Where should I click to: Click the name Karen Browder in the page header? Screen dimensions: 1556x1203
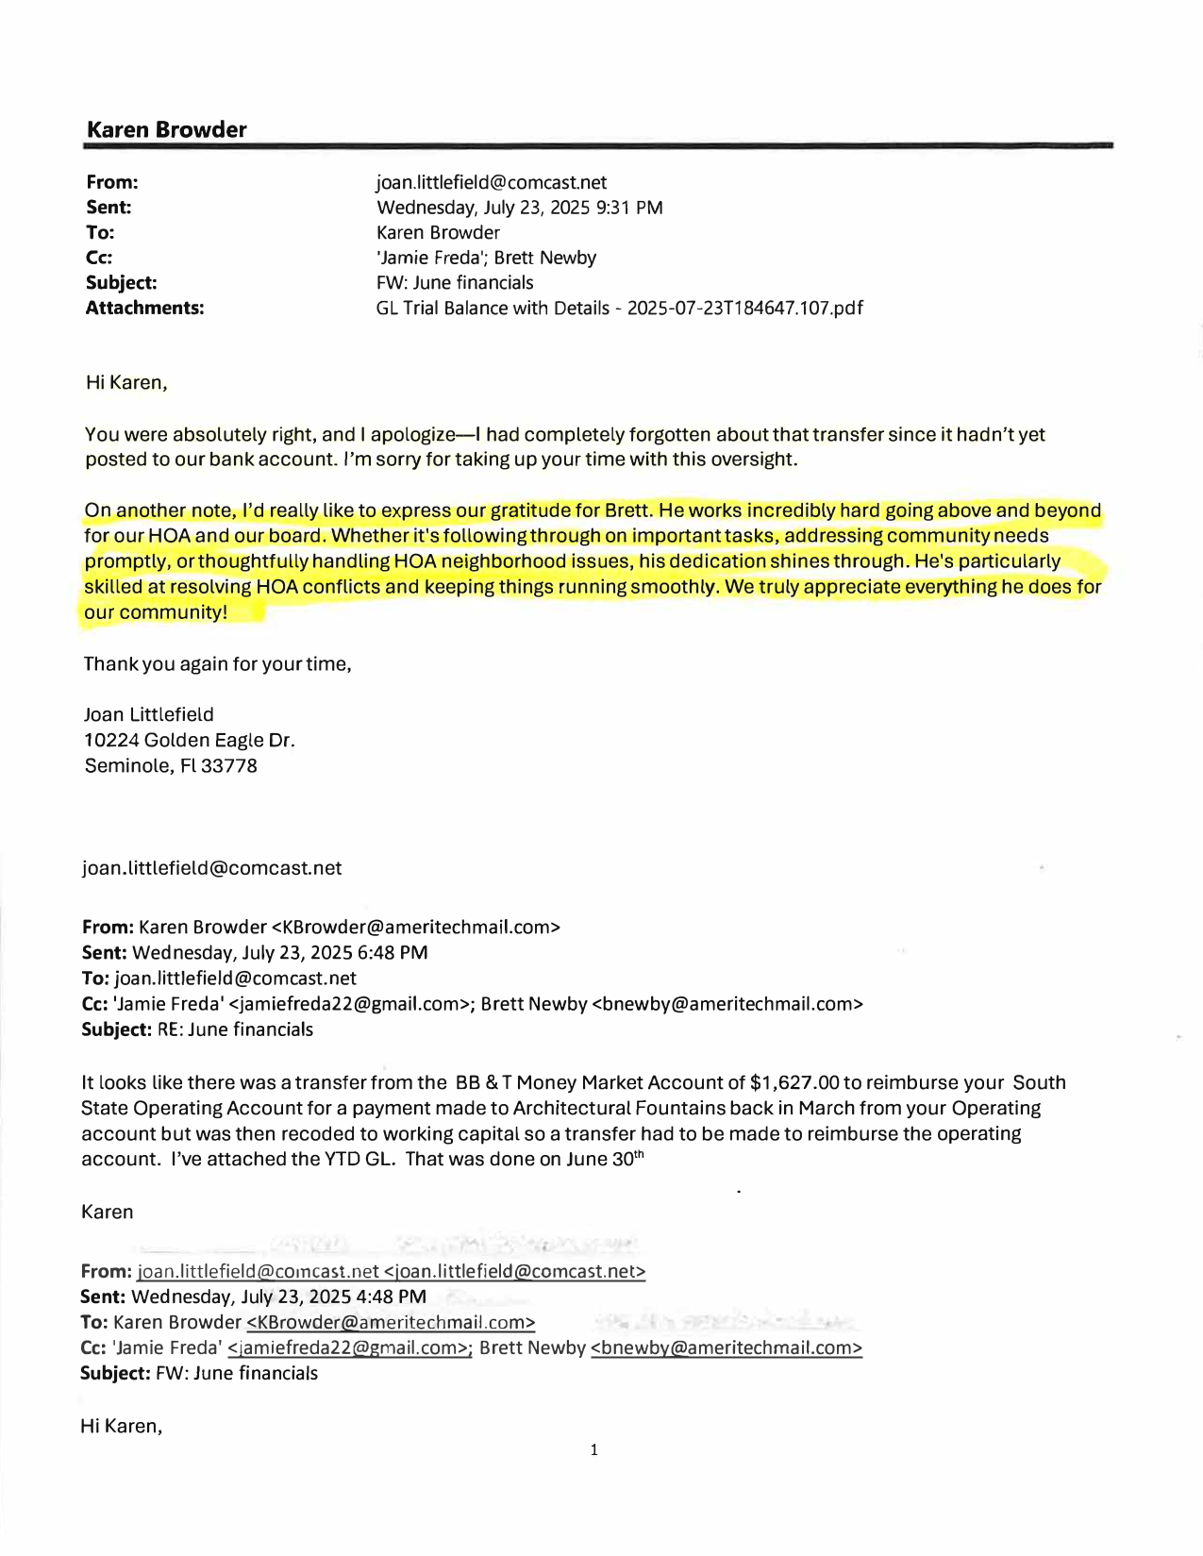click(x=166, y=130)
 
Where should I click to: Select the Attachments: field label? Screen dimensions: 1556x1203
click(x=144, y=309)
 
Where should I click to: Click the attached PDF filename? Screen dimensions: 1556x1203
click(x=619, y=309)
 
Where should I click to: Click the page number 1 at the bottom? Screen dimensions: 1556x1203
click(x=593, y=1449)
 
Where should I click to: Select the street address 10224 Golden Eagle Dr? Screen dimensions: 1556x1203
click(x=190, y=740)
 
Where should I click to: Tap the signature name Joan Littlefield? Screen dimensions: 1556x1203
click(x=149, y=714)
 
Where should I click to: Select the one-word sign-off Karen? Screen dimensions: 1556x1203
click(x=108, y=1212)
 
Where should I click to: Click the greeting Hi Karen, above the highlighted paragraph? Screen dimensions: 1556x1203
click(x=126, y=383)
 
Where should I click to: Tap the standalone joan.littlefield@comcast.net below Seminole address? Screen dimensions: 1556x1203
click(x=212, y=868)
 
